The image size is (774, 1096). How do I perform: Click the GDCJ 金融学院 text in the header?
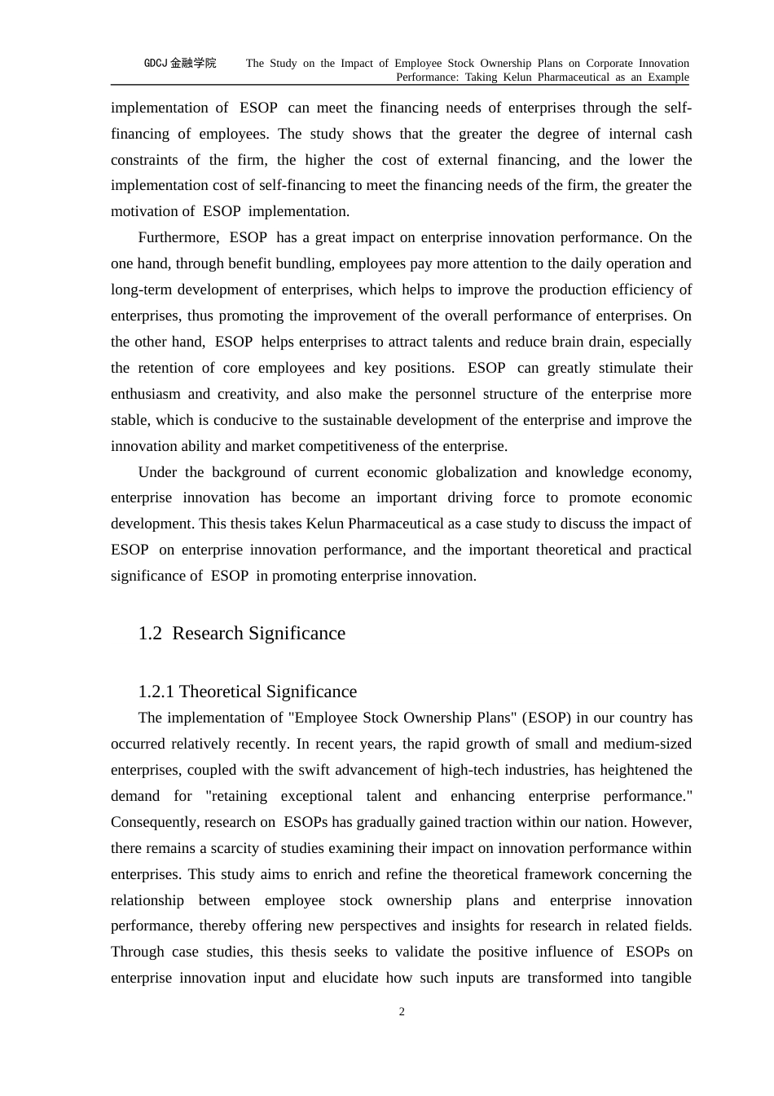pyautogui.click(x=180, y=63)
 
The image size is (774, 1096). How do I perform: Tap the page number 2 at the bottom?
pyautogui.click(x=402, y=1012)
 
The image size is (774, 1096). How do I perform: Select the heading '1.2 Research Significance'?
pyautogui.click(x=242, y=634)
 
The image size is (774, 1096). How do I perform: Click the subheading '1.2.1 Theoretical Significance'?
pyautogui.click(x=248, y=692)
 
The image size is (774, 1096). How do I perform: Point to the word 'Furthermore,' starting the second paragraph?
pyautogui.click(x=178, y=237)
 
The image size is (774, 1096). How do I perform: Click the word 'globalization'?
pyautogui.click(x=476, y=472)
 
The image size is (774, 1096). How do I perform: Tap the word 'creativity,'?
pyautogui.click(x=244, y=394)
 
